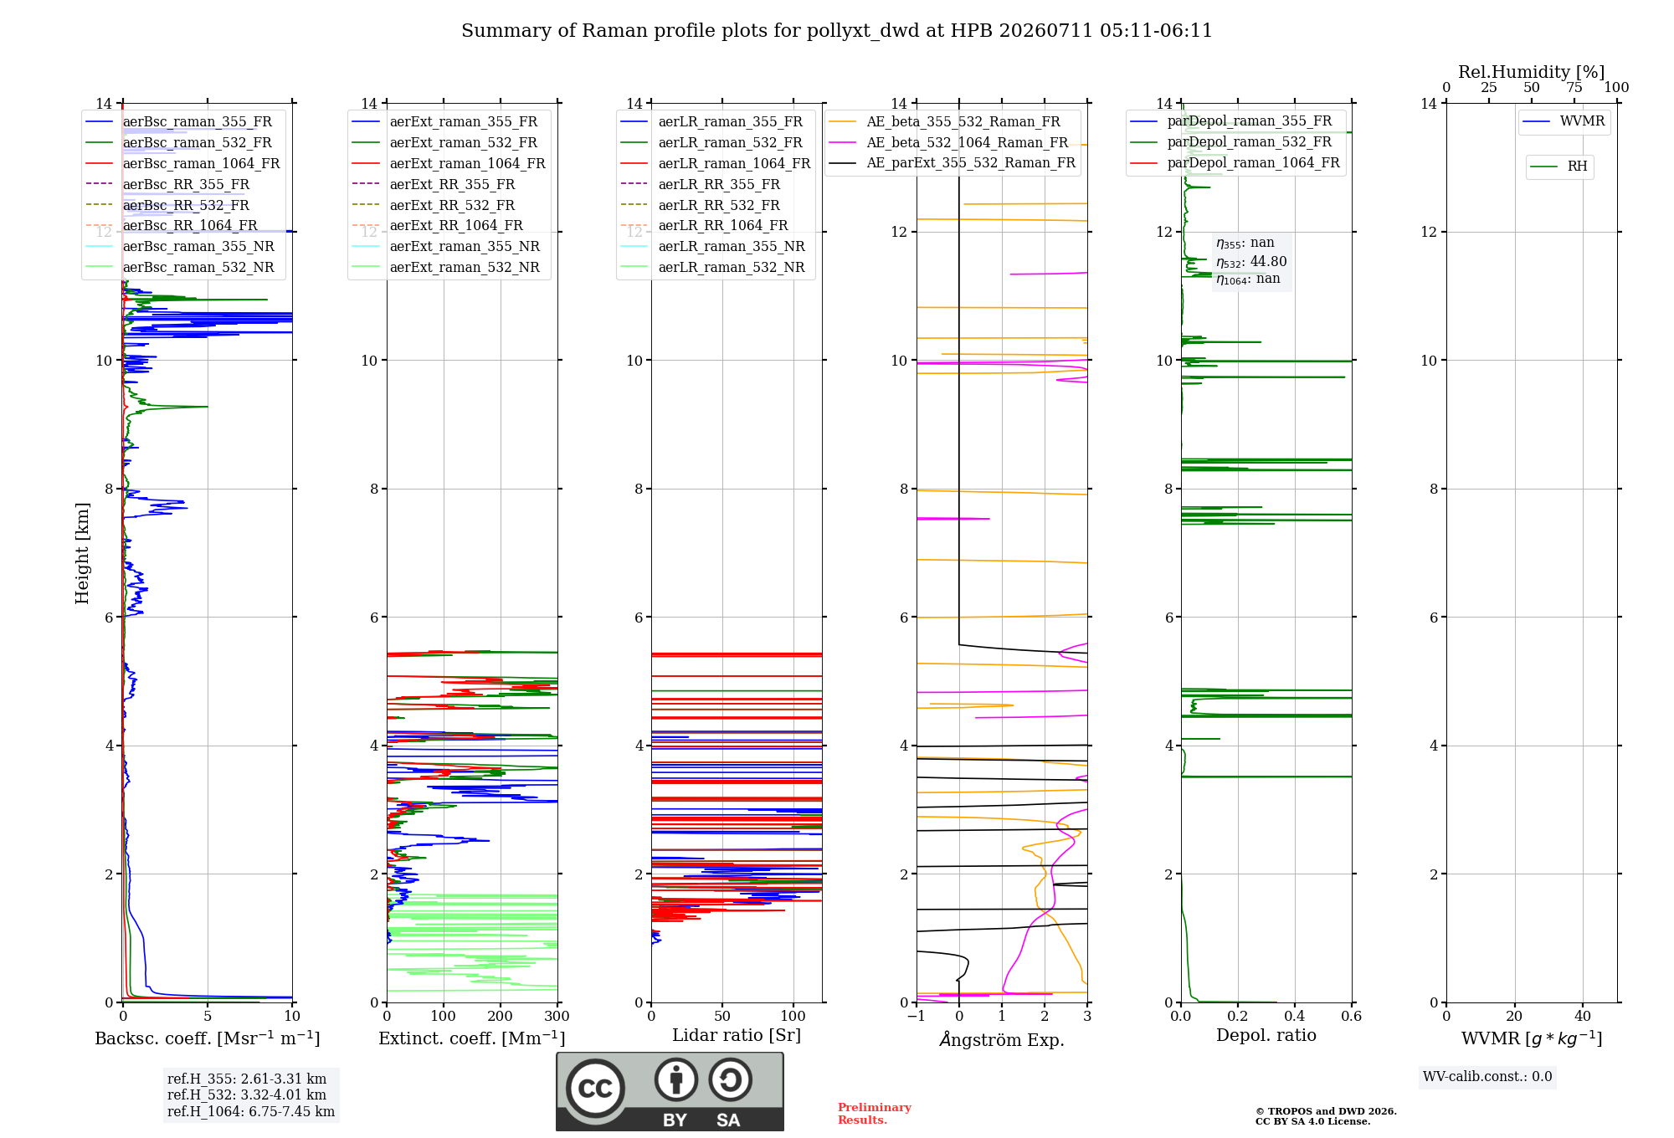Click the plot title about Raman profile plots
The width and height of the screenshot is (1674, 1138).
(837, 31)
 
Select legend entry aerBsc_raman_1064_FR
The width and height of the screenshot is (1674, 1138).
(182, 163)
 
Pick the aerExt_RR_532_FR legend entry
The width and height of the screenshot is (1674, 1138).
(434, 205)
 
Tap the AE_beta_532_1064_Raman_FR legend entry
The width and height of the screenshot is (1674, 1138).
(948, 142)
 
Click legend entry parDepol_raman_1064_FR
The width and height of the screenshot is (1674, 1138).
(1235, 162)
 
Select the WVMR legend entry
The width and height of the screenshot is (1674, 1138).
(1564, 121)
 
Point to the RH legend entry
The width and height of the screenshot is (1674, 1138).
(1558, 167)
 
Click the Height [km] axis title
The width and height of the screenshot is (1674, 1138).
(82, 553)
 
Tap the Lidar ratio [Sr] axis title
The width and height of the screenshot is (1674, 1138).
(737, 1035)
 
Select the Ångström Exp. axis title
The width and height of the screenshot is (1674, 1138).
(1002, 1039)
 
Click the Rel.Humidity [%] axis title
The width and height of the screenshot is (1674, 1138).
(1532, 72)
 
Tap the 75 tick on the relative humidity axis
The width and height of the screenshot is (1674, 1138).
(1574, 87)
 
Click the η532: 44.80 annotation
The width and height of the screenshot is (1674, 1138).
(1251, 261)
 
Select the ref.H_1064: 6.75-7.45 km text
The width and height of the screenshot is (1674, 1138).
(251, 1111)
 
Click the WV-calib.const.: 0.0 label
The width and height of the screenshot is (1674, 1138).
(1487, 1077)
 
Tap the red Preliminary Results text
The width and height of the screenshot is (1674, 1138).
(875, 1114)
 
